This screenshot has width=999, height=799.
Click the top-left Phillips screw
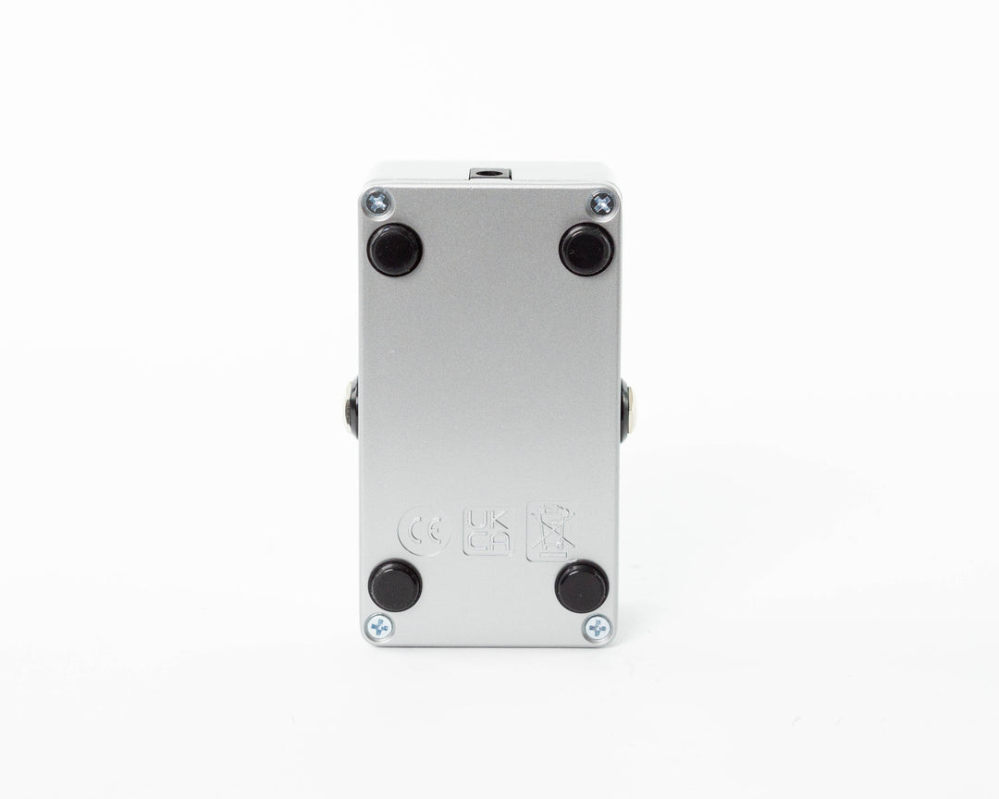[377, 203]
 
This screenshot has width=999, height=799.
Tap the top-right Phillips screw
[601, 203]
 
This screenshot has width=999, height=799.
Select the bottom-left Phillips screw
[380, 628]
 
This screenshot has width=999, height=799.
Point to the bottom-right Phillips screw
[598, 629]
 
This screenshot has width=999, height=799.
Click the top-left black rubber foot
[395, 250]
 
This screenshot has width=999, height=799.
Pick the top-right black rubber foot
[586, 250]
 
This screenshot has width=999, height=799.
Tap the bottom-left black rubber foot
[395, 585]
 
